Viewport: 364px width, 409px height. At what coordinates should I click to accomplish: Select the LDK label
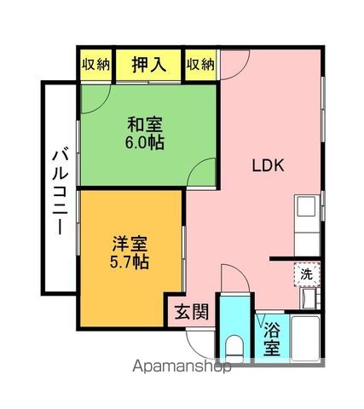point(266,167)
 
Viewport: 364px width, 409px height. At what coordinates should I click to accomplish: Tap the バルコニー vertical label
point(59,188)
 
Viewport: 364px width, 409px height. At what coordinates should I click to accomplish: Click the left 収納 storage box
point(95,65)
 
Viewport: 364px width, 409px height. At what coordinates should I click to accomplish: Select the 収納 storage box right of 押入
point(201,65)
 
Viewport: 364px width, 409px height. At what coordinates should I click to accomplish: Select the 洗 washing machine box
point(306,274)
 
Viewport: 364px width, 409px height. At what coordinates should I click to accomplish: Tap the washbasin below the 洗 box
point(307,298)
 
